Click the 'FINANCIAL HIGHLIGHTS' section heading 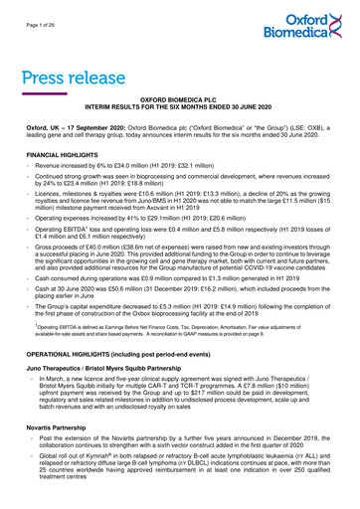66,156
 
